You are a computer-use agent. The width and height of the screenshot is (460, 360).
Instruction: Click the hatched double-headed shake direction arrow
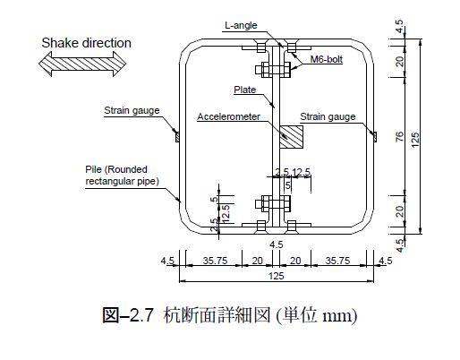pos(82,64)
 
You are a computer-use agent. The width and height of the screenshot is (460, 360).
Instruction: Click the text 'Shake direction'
pos(86,43)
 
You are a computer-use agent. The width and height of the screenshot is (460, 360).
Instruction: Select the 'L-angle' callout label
pos(241,25)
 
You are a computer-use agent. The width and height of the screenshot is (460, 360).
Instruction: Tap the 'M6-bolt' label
pos(327,59)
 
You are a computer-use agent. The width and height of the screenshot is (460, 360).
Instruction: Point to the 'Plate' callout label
pos(244,90)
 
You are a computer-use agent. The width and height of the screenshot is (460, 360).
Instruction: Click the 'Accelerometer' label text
pos(228,116)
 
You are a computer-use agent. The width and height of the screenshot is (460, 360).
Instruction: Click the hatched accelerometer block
pos(291,137)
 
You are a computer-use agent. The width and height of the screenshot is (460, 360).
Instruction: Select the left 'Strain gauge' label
pos(132,110)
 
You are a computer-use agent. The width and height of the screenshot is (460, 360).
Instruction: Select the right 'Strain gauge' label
pos(328,116)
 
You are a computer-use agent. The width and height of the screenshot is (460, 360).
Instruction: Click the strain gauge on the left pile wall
pos(177,136)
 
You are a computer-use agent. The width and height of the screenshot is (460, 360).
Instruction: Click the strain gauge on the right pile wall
pos(375,136)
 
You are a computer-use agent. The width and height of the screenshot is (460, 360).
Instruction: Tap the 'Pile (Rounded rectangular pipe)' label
pos(122,176)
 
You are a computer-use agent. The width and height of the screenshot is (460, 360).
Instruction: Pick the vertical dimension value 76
pos(399,136)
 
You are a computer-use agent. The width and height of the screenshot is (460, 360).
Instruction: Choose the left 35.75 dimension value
pos(215,261)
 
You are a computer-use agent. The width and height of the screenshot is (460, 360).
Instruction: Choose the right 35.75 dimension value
pos(337,261)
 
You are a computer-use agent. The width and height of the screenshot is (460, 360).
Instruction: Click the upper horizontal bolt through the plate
pos(273,70)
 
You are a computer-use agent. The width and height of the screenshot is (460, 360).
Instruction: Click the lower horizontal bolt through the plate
pos(273,204)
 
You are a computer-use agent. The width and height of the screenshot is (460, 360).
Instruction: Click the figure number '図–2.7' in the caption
pos(128,315)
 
